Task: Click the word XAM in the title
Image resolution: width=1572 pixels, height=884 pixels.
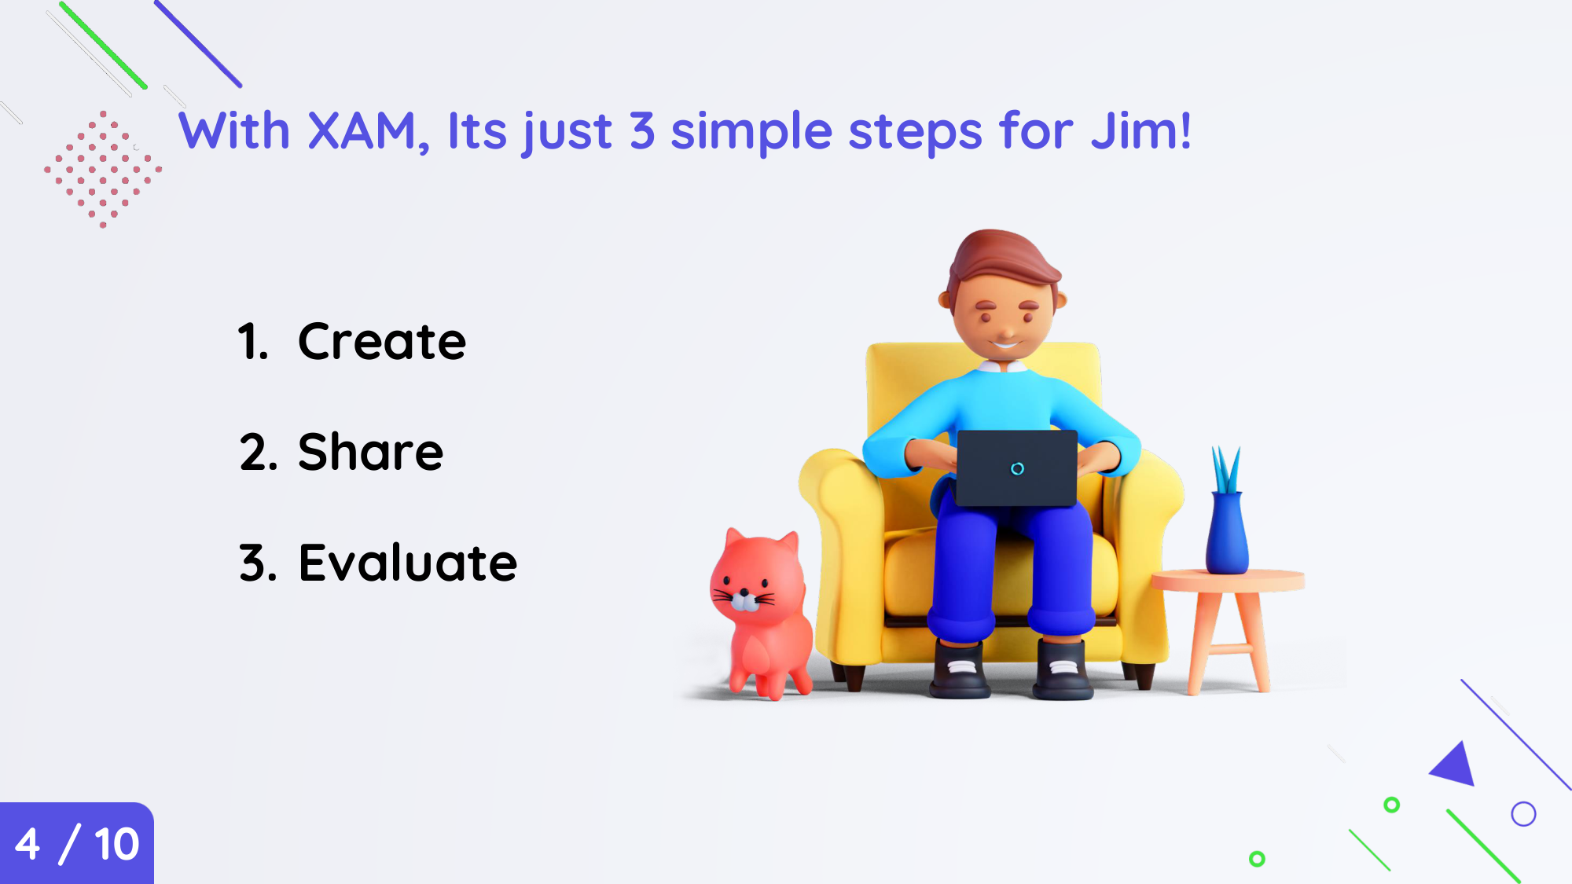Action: pos(362,130)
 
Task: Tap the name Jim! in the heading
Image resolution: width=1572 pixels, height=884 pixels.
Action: pos(1141,130)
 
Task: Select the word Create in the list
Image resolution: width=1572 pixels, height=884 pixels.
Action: pos(382,342)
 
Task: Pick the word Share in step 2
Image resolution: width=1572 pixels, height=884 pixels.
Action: pos(371,452)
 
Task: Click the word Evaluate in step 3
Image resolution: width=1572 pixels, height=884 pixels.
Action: pos(408,563)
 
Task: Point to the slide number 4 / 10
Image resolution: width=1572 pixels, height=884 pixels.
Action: pos(77,844)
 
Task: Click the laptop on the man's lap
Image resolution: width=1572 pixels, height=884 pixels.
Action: pos(1017,468)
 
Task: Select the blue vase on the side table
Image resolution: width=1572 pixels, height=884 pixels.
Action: pos(1227,532)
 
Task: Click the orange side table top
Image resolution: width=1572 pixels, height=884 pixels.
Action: pos(1228,581)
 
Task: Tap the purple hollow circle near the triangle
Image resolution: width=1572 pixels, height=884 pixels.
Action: pos(1523,802)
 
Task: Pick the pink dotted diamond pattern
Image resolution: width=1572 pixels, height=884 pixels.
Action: pos(103,169)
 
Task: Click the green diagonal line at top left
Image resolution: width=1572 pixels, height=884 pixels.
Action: pos(103,46)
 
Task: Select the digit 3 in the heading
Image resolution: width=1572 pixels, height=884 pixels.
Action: pos(642,130)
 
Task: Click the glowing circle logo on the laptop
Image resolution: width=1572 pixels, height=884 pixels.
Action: pos(1017,469)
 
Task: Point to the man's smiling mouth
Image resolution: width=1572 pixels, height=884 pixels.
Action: pos(1005,343)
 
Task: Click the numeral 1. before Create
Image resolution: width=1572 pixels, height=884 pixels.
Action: pos(253,342)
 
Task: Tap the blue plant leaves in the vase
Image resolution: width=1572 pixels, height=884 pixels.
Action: pos(1226,469)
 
